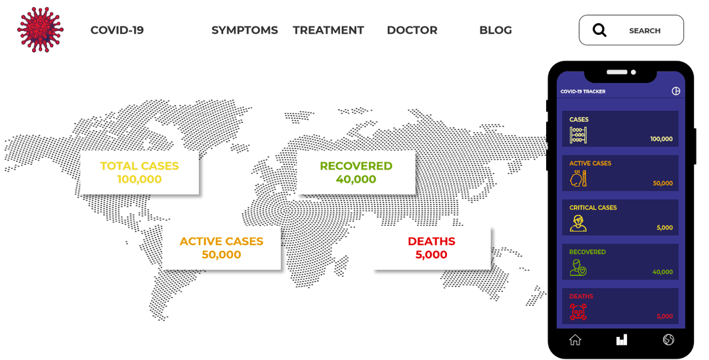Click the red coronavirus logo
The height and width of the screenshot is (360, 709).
point(40,30)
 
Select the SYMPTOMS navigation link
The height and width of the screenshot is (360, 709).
point(244,30)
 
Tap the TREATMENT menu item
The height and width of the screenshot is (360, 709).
point(328,30)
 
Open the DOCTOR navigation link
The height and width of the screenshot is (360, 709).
point(412,30)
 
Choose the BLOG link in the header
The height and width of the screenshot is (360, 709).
point(495,30)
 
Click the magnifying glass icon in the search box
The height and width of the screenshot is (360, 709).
point(599,30)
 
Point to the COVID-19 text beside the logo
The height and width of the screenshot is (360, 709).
point(117,30)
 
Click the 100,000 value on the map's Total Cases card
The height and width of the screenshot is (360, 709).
point(139,179)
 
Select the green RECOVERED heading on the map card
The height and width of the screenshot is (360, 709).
point(356,166)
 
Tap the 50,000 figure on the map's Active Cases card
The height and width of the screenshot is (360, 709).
point(221,255)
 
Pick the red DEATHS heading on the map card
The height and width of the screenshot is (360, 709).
point(431,242)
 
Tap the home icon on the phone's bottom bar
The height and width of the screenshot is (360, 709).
point(575,340)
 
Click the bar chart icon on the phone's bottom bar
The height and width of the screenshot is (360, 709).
point(621,340)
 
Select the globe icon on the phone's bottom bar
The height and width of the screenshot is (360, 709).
point(668,340)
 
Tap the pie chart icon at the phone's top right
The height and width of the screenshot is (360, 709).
point(676,91)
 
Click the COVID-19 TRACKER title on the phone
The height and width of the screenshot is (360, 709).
point(583,92)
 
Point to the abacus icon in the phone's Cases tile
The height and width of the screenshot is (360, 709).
point(578,135)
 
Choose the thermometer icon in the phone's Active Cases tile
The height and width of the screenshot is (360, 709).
point(578,179)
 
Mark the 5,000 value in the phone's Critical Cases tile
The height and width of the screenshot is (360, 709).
point(664,228)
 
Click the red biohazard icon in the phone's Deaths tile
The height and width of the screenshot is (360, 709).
point(578,312)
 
